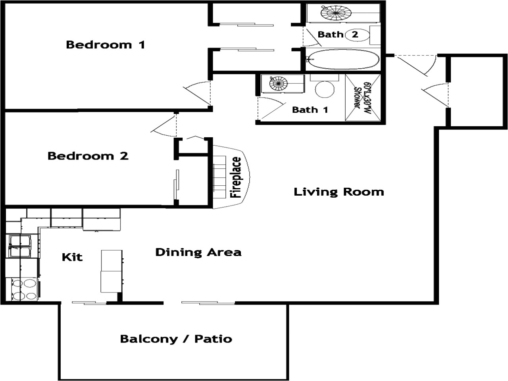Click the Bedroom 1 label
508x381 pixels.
tap(106, 44)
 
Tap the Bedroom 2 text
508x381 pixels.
tap(88, 156)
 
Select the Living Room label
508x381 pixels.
tap(339, 192)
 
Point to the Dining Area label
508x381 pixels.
tap(198, 252)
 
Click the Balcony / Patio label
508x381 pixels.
tap(176, 339)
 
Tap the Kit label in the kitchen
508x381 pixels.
tap(72, 257)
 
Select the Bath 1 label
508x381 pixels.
tap(310, 110)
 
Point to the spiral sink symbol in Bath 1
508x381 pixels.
tap(279, 83)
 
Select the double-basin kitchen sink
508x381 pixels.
tap(20, 246)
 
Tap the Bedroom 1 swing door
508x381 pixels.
tap(197, 93)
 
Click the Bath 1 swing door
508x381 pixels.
tap(270, 108)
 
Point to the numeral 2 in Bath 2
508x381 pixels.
tap(355, 34)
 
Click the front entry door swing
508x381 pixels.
tap(417, 66)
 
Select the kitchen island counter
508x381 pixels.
tap(112, 271)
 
